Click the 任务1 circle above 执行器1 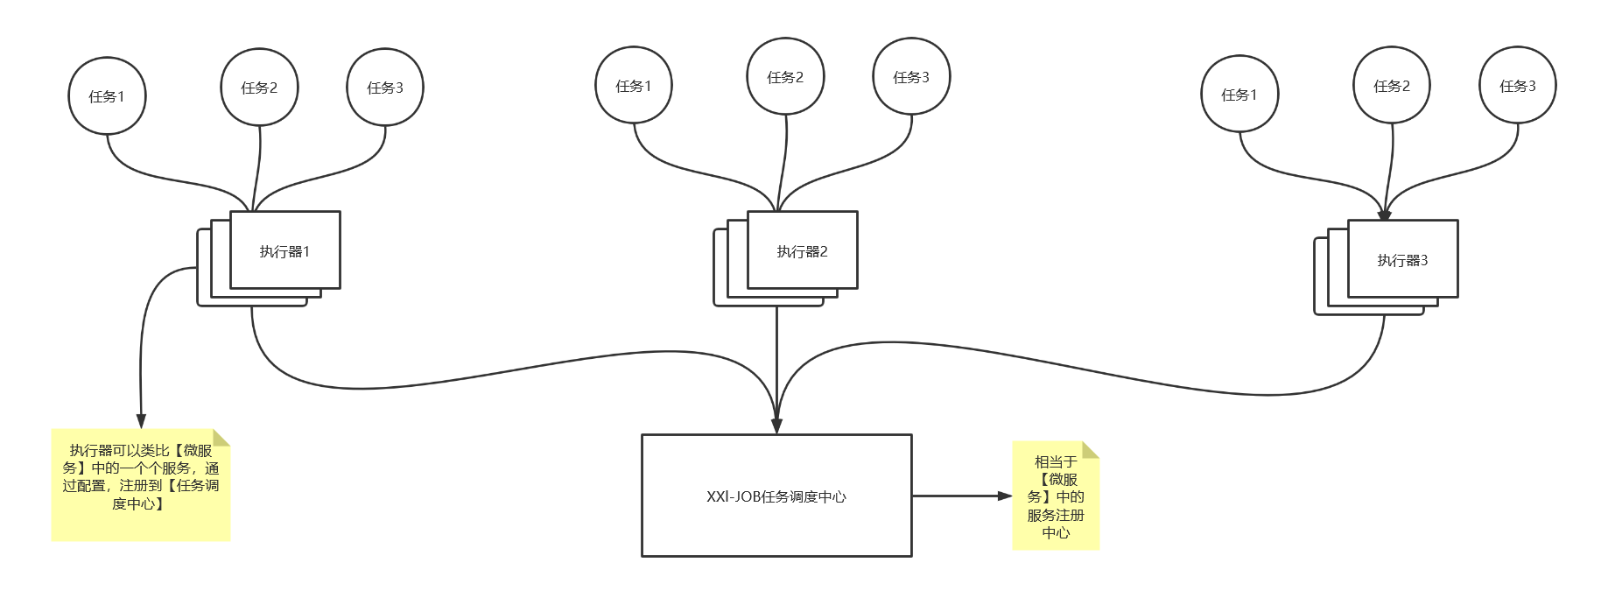coord(107,96)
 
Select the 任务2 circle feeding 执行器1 coord(259,88)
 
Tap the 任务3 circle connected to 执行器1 coord(385,88)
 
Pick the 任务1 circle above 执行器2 coord(634,86)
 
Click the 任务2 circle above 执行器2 coord(785,77)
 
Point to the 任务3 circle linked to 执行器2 coord(911,77)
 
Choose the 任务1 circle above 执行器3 coord(1239,95)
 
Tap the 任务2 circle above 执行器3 coord(1392,86)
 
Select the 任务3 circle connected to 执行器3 coord(1518,86)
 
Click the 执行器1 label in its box coord(284,251)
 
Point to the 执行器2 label coord(802,251)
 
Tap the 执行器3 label coord(1402,260)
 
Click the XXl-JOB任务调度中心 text coord(776,496)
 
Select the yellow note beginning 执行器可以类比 coord(141,484)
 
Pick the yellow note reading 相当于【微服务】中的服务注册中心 coord(1056,496)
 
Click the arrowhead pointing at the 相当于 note coord(1005,496)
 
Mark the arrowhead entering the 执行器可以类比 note coord(140,421)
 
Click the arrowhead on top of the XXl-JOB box coord(776,426)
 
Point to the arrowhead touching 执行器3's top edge coord(1384,215)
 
